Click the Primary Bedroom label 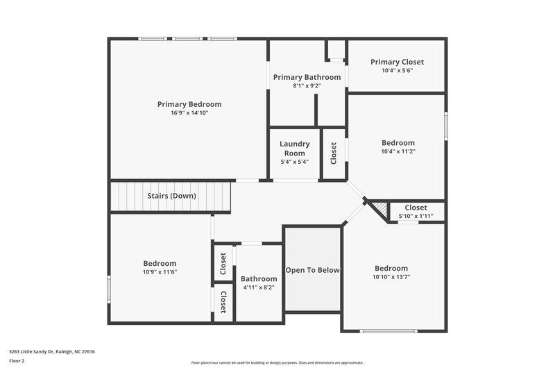tap(189, 104)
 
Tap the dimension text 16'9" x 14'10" tap(189, 112)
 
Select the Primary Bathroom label tap(307, 77)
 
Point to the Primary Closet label tap(397, 62)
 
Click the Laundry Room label tap(294, 149)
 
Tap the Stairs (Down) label tap(171, 196)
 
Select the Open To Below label tap(312, 270)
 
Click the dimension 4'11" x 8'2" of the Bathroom tap(259, 287)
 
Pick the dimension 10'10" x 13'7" tap(391, 277)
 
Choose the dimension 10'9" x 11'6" tap(160, 271)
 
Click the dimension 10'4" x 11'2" tap(398, 151)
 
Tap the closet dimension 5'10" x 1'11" tap(416, 216)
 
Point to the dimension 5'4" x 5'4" tap(294, 162)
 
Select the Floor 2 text tap(17, 362)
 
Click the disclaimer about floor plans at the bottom tap(277, 362)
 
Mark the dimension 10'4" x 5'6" tap(397, 70)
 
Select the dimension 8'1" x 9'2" tap(307, 85)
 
